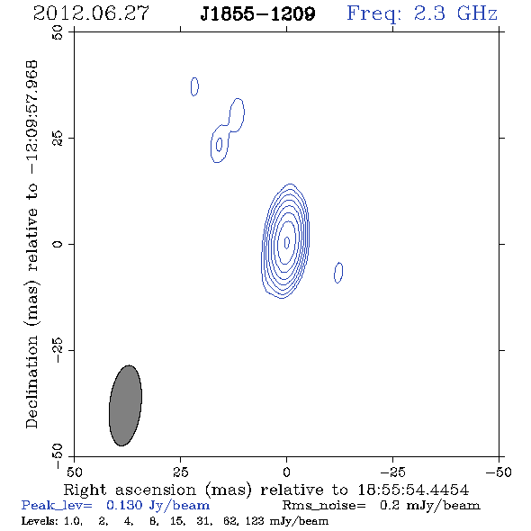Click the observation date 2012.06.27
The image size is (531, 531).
(x=91, y=13)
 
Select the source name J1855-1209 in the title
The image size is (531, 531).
(x=257, y=13)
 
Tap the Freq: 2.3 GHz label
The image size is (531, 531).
(x=422, y=13)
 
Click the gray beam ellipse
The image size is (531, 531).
(x=125, y=405)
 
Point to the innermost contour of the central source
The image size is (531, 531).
(x=287, y=242)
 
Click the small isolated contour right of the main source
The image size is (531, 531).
(x=338, y=273)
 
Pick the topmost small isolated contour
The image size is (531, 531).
(x=194, y=86)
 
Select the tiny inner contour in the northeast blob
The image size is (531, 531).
(x=219, y=144)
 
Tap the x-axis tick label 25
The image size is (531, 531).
(x=181, y=472)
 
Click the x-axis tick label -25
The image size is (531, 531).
(x=392, y=472)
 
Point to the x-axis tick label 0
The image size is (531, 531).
(x=287, y=472)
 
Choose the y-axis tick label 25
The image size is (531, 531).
(x=58, y=139)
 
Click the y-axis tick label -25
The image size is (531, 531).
(x=58, y=350)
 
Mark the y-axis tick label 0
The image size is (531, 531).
(x=58, y=244)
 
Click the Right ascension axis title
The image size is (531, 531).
(x=266, y=490)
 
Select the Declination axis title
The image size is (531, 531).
(x=32, y=245)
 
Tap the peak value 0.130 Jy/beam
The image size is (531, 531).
(x=157, y=506)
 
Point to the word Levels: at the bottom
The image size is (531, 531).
(x=40, y=520)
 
